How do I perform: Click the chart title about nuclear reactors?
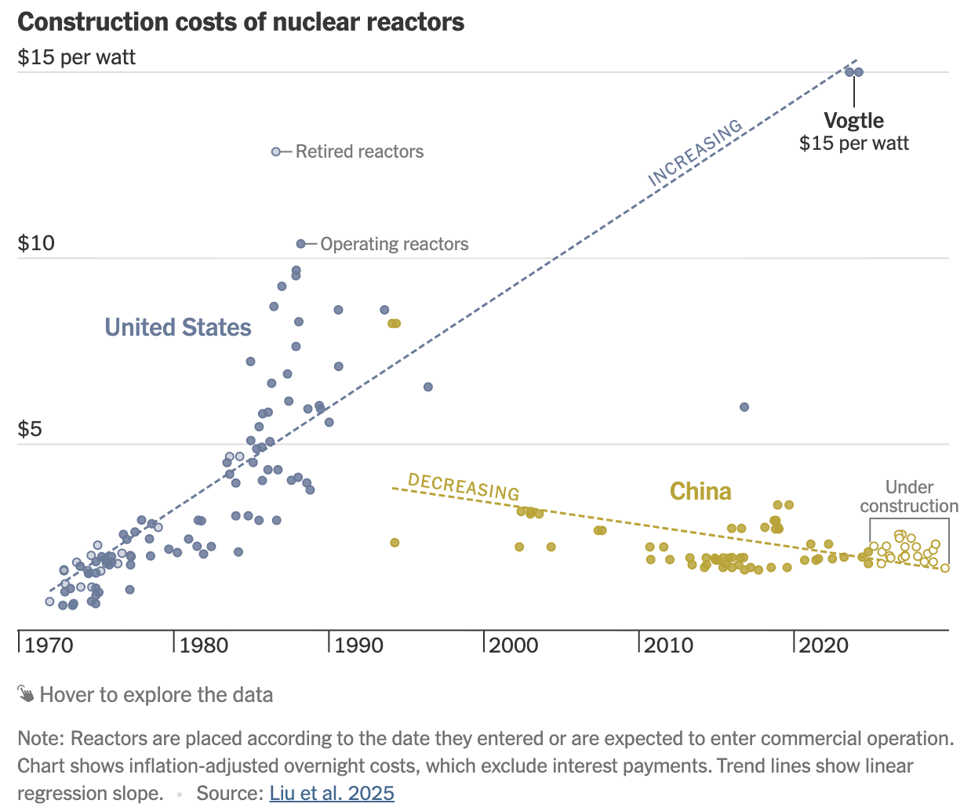(241, 22)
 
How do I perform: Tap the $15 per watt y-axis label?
(77, 57)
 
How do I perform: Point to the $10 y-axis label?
(36, 243)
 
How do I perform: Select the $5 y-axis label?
(30, 429)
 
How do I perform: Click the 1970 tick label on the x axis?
(49, 646)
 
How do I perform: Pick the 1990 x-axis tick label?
(359, 646)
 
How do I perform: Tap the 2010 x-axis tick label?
(669, 646)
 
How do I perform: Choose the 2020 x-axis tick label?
(824, 646)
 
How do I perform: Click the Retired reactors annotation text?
(359, 151)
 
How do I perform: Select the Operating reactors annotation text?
(394, 244)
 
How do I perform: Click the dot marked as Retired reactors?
(276, 151)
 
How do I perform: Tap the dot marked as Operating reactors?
(300, 244)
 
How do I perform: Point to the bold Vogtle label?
(853, 121)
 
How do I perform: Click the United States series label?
(178, 327)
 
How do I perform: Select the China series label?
(700, 492)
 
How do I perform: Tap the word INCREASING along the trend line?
(695, 153)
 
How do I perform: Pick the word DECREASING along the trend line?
(464, 487)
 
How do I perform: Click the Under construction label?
(909, 496)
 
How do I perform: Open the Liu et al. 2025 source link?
(332, 793)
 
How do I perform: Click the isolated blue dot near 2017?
(744, 407)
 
